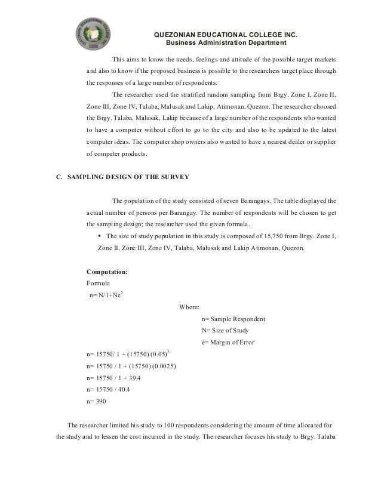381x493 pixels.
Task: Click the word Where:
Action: pyautogui.click(x=190, y=307)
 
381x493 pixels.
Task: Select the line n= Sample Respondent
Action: pyautogui.click(x=234, y=319)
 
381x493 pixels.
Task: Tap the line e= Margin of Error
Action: pyautogui.click(x=229, y=341)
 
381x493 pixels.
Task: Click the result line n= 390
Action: pyautogui.click(x=96, y=401)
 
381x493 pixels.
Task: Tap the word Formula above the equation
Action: pyautogui.click(x=99, y=284)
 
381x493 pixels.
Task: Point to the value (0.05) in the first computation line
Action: pyautogui.click(x=163, y=354)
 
